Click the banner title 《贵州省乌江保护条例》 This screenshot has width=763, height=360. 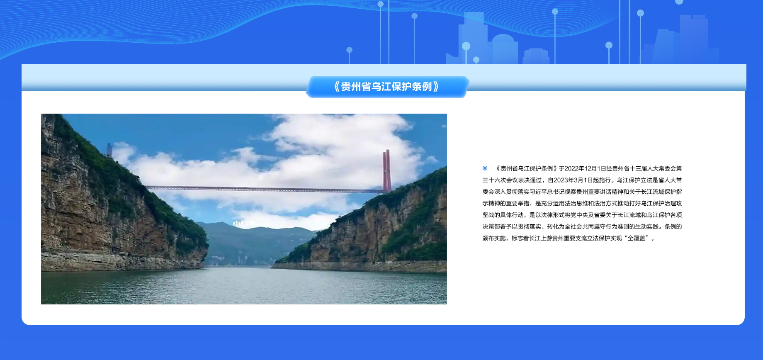[386, 87]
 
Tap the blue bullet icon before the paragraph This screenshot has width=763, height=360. [485, 168]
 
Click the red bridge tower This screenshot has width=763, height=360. [386, 170]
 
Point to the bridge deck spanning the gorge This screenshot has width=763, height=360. [265, 189]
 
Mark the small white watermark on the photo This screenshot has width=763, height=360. [243, 223]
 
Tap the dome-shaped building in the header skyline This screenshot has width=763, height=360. [503, 49]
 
